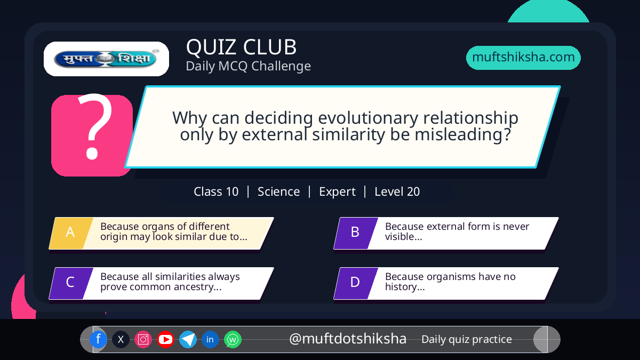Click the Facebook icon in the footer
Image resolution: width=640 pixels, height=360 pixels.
tap(98, 339)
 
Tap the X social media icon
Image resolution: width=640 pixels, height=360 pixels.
tap(121, 339)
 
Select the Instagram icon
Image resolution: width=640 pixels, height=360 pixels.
tap(143, 339)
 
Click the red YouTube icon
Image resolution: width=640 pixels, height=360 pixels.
tap(165, 339)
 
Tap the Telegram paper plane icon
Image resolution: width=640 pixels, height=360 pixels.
tap(188, 339)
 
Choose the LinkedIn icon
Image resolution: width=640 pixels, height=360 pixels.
tap(210, 339)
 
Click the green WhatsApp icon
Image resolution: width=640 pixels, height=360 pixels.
tap(233, 339)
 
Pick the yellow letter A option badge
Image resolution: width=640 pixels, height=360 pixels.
tap(71, 233)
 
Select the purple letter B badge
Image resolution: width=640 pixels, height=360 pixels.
tap(356, 233)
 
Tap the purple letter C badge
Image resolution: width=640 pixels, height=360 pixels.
tap(71, 283)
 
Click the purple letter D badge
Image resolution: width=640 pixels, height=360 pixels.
tap(356, 283)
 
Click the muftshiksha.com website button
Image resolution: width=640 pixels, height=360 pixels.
tap(523, 58)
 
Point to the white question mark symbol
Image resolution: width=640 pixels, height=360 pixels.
tap(94, 126)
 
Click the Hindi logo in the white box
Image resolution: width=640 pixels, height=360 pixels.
tap(106, 59)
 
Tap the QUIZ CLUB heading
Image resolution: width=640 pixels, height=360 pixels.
tap(242, 47)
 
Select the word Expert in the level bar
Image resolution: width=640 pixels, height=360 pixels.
tap(337, 191)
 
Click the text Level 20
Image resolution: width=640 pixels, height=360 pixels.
tap(397, 191)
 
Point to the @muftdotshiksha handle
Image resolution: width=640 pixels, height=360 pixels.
tap(348, 339)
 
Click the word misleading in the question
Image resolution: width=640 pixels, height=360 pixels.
tap(462, 134)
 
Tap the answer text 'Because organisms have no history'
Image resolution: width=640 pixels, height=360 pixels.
tap(450, 282)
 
